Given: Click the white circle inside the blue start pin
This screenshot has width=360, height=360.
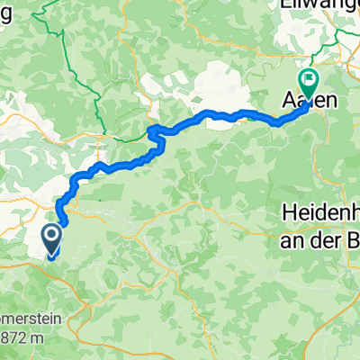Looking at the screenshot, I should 50,238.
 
